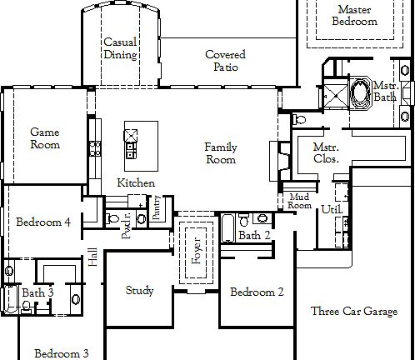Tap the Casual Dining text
pyautogui.click(x=120, y=49)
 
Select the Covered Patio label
pyautogui.click(x=225, y=61)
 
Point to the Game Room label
pyautogui.click(x=45, y=138)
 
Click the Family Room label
pyautogui.click(x=221, y=153)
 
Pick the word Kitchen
pyautogui.click(x=135, y=182)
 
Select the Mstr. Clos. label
pyautogui.click(x=324, y=153)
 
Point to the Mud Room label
pyautogui.click(x=299, y=201)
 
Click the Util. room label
pyautogui.click(x=331, y=209)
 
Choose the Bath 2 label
pyautogui.click(x=254, y=236)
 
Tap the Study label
pyautogui.click(x=139, y=291)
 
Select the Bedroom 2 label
pyautogui.click(x=257, y=292)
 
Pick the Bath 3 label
pyautogui.click(x=38, y=293)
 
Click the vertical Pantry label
pyautogui.click(x=157, y=208)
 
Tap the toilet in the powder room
pyautogui.click(x=113, y=218)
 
